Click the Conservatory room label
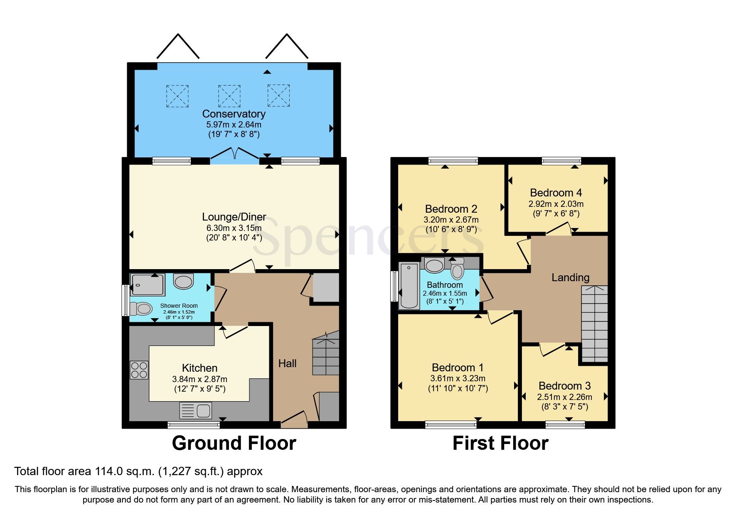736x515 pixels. [x=234, y=114]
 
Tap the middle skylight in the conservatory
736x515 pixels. [x=229, y=96]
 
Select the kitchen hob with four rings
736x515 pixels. [x=139, y=370]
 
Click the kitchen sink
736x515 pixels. [x=196, y=410]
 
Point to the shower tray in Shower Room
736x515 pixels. [x=147, y=284]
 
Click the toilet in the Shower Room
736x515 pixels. [x=141, y=309]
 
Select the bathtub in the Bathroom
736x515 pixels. [x=409, y=285]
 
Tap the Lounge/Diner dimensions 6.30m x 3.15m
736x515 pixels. [x=234, y=228]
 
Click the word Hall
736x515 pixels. [x=287, y=363]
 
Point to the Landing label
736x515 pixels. [x=570, y=277]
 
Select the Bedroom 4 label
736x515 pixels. [x=556, y=193]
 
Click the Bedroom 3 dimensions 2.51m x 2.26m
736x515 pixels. [x=564, y=397]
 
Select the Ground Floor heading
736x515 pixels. [x=234, y=443]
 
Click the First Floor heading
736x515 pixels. [x=500, y=443]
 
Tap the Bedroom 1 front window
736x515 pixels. [x=450, y=424]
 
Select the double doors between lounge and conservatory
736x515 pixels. [x=234, y=154]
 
